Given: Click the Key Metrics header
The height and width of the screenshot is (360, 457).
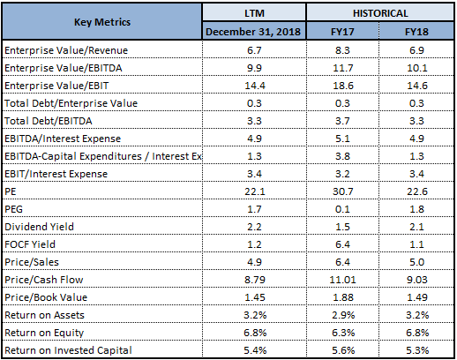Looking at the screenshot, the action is (102, 22).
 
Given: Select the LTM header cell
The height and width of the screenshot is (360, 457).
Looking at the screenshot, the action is (254, 13).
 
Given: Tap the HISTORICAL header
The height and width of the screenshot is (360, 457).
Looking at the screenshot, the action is (380, 13).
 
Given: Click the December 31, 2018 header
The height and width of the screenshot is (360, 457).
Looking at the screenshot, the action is (253, 32).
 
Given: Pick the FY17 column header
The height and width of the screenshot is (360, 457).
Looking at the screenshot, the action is (342, 32).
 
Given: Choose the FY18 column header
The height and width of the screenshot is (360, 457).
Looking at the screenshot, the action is (416, 32).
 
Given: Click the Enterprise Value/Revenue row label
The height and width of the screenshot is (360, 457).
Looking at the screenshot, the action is (66, 50).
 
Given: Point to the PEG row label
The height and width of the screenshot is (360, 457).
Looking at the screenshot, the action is (13, 209).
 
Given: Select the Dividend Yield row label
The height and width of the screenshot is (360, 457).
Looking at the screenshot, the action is (39, 227).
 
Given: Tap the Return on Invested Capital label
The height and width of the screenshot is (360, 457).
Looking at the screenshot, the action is (68, 350).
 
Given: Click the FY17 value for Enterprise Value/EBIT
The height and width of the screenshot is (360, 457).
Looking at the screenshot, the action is (343, 86).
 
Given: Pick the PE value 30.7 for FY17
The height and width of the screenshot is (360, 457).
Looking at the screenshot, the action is (343, 191).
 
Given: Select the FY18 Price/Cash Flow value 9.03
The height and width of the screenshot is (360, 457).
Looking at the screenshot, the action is (417, 280).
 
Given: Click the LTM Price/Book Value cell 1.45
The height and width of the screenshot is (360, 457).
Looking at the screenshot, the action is (255, 297).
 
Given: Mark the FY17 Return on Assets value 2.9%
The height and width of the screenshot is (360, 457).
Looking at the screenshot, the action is (343, 315).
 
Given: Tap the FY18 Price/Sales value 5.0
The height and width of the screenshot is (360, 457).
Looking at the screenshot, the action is (417, 262).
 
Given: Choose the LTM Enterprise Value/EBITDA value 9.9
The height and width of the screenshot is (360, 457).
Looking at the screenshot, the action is (254, 68).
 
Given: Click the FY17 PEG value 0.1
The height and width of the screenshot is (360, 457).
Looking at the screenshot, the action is (342, 209).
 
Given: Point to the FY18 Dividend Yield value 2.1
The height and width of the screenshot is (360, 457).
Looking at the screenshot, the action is (416, 227).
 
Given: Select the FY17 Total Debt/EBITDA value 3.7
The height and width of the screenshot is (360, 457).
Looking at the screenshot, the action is (342, 121).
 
